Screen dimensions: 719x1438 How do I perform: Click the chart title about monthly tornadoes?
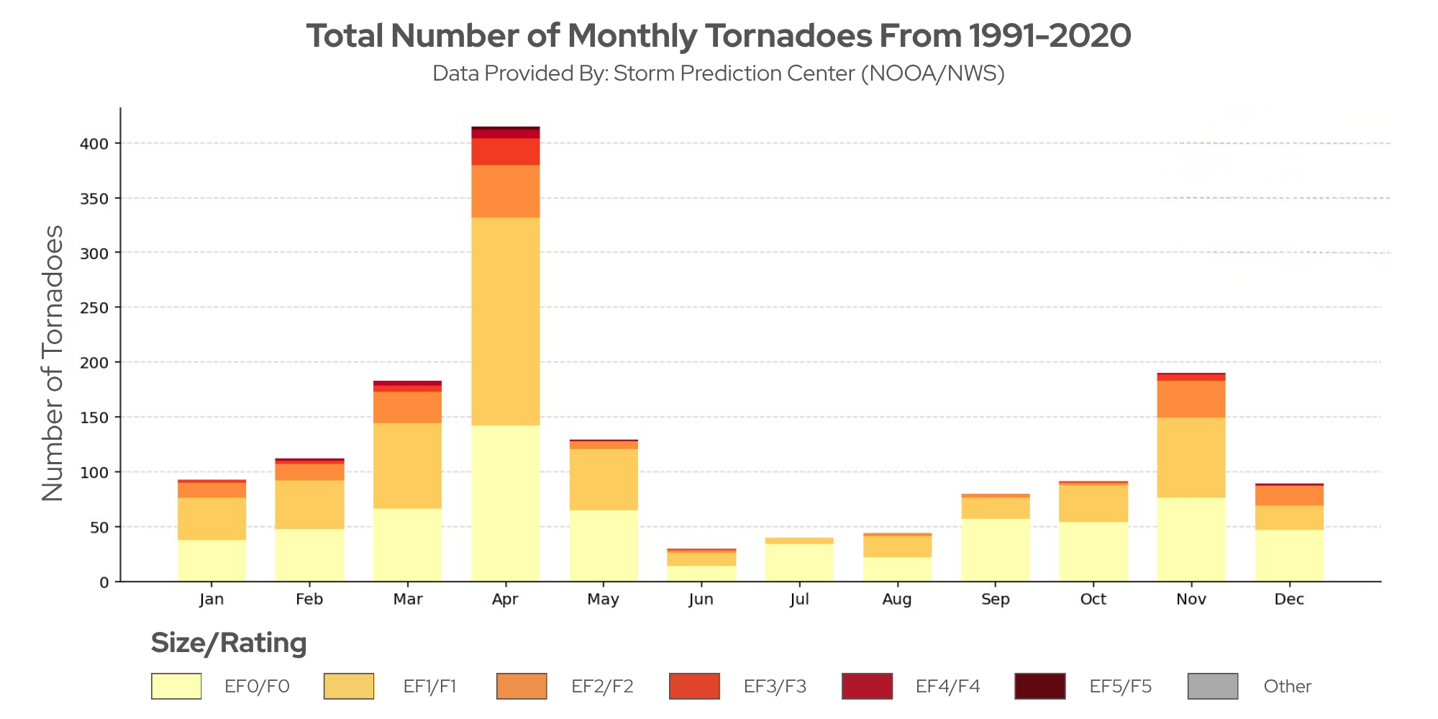pos(718,36)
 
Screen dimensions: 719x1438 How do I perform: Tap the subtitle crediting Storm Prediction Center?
pos(718,73)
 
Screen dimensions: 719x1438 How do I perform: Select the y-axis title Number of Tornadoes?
pos(53,363)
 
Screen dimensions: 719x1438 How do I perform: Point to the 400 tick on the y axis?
pos(94,144)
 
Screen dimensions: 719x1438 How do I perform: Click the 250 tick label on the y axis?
pos(94,308)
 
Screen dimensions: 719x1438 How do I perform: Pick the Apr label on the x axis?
pos(505,600)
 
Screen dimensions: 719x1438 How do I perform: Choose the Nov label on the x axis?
pos(1191,600)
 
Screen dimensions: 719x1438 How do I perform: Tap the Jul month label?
pos(799,600)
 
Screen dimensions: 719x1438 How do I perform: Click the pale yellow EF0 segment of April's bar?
pos(505,504)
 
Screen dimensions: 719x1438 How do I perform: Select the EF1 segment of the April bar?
pos(505,322)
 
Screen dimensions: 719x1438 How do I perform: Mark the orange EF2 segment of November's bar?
pos(1191,399)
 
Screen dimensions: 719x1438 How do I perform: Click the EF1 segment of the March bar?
pos(407,466)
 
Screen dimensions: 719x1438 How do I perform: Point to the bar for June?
pos(701,566)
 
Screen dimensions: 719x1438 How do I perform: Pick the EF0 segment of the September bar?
pos(996,551)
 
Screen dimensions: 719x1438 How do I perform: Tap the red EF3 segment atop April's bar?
pos(505,152)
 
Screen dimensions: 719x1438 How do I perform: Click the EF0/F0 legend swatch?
pos(176,687)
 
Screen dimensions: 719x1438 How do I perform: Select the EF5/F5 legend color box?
pos(1040,687)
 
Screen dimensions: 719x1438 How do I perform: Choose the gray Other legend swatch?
pos(1213,687)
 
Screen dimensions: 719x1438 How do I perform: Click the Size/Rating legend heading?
pos(229,643)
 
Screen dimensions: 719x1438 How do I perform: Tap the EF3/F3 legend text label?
pos(775,687)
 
